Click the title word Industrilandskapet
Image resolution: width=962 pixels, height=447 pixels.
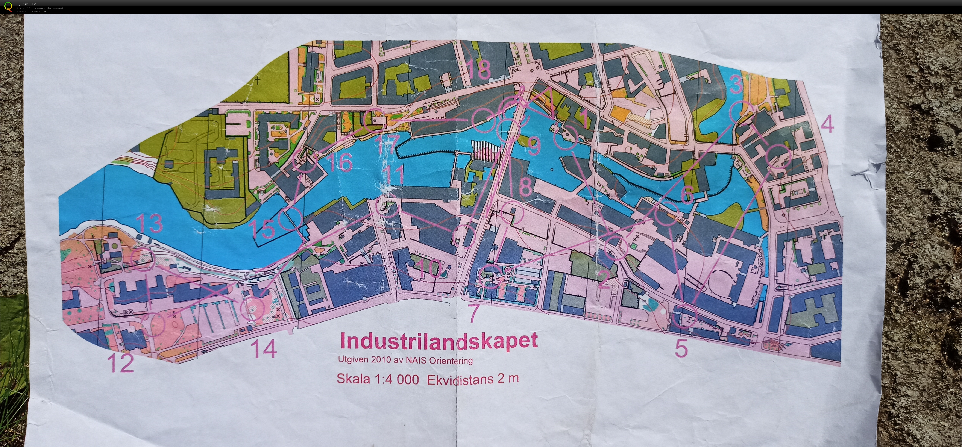[x=439, y=341]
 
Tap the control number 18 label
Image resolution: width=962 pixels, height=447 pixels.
[x=478, y=70]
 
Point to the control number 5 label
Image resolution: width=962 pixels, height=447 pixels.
[x=681, y=349]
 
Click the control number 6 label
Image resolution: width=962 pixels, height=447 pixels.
[x=687, y=194]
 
